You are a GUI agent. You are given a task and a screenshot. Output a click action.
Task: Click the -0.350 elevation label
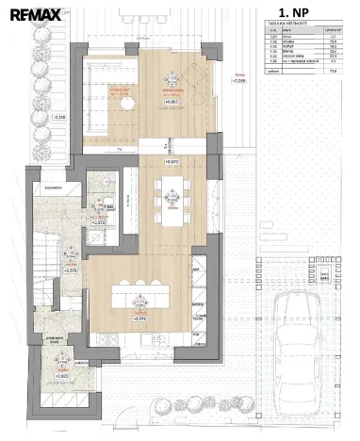(58, 117)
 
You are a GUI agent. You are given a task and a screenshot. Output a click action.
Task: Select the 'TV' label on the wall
(120, 149)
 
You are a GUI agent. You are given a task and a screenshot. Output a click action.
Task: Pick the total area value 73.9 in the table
(333, 95)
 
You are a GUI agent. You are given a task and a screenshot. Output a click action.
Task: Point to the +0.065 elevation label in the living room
(172, 102)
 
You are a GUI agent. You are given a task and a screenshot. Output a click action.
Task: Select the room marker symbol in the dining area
(172, 195)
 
